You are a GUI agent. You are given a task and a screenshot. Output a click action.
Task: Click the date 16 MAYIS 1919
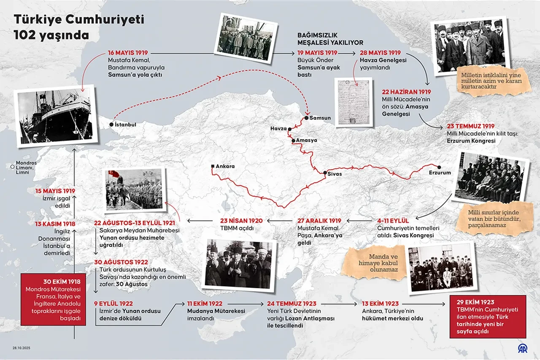(x=127, y=53)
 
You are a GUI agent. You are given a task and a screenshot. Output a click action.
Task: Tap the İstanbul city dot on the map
(x=111, y=125)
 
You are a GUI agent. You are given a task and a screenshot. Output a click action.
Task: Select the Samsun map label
(x=320, y=118)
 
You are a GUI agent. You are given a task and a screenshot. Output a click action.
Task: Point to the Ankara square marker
(x=213, y=166)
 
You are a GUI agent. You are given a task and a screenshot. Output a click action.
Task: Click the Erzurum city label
(x=440, y=173)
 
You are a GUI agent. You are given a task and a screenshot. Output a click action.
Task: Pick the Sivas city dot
(x=325, y=173)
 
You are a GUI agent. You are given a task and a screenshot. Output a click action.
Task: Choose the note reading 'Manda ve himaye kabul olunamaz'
(x=371, y=263)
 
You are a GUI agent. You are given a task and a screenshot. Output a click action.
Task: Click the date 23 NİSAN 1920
(x=241, y=220)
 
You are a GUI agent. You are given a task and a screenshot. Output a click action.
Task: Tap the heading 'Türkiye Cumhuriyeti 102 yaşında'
(x=79, y=27)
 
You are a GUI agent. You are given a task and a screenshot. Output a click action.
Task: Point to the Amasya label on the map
(x=306, y=140)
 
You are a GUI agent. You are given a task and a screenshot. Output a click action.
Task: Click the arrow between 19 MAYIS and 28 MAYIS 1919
(x=348, y=54)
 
